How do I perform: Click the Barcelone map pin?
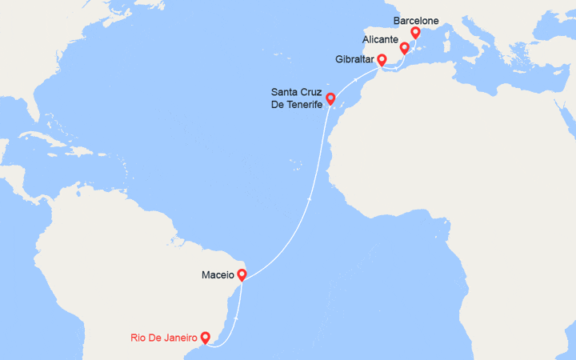[415, 33]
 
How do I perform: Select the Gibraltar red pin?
[382, 59]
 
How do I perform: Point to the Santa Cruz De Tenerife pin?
[330, 99]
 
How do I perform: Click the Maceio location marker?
[242, 275]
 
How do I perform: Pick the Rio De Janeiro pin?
[206, 338]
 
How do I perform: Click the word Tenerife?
[299, 105]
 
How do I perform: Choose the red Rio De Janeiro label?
[164, 338]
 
